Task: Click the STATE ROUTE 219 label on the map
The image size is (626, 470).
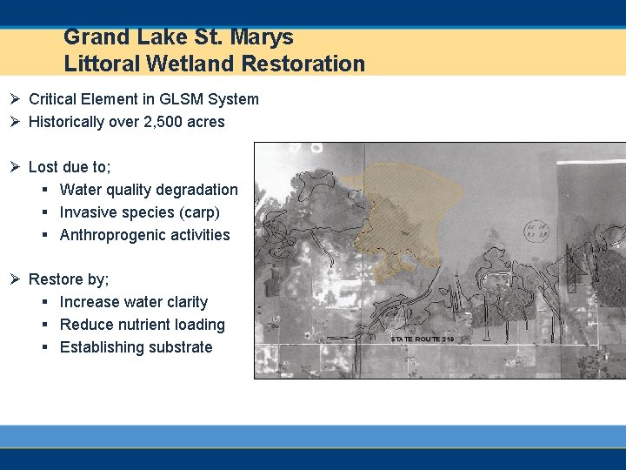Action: pyautogui.click(x=422, y=338)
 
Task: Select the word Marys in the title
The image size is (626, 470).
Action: pyautogui.click(x=263, y=37)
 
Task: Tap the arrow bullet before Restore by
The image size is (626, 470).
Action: pyautogui.click(x=16, y=279)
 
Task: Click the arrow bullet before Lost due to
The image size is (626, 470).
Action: pyautogui.click(x=16, y=167)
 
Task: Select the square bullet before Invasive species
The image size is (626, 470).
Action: pyautogui.click(x=44, y=212)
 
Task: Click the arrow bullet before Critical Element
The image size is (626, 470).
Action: pyautogui.click(x=16, y=99)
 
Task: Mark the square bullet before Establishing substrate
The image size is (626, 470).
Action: pyautogui.click(x=44, y=347)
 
